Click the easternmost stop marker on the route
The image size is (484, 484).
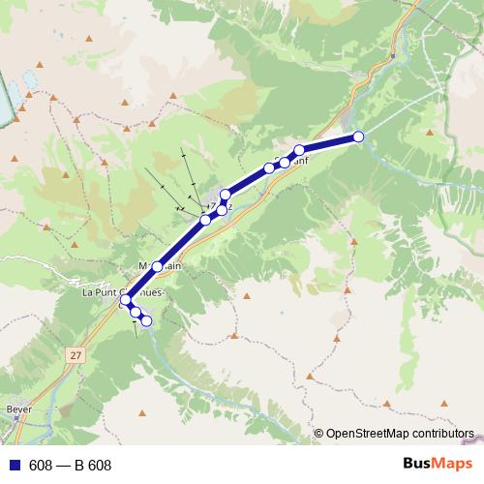[358, 136]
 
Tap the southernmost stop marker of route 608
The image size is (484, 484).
[146, 320]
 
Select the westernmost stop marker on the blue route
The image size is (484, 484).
[125, 301]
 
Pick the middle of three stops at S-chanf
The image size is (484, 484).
[285, 162]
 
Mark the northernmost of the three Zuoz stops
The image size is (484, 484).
[226, 195]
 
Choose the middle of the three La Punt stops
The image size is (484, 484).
[136, 312]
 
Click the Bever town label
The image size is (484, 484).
[18, 408]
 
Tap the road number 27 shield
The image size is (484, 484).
[76, 356]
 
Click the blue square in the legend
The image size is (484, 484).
[15, 466]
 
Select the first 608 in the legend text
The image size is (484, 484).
[41, 466]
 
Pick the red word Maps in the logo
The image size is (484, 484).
[452, 465]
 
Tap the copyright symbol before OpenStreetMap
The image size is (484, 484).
[318, 434]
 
